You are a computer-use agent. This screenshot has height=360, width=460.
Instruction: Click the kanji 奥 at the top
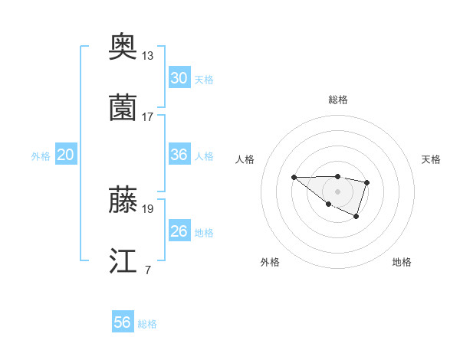[123, 48]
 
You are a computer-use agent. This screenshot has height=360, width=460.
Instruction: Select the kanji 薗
[123, 109]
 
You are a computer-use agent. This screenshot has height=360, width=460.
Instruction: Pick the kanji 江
[123, 260]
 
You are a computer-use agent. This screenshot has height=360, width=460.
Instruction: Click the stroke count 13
[148, 56]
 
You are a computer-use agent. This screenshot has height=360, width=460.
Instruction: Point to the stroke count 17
[148, 116]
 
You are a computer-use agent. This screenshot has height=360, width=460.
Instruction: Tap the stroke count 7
[147, 269]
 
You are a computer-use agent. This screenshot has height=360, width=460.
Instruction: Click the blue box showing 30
[179, 78]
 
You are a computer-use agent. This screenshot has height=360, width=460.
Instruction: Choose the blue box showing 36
[179, 155]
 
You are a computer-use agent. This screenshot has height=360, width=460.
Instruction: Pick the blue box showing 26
[179, 231]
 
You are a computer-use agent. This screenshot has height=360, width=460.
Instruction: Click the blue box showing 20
[66, 155]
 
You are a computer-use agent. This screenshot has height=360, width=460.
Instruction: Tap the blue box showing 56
[123, 322]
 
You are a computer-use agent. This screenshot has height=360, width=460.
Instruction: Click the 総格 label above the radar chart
[338, 100]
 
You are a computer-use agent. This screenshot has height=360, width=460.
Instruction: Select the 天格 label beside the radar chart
[431, 159]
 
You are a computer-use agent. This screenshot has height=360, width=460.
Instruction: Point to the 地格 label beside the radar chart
[402, 262]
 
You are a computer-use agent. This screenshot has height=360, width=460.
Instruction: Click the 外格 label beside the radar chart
[270, 262]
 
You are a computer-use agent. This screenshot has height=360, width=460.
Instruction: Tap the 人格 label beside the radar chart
[245, 159]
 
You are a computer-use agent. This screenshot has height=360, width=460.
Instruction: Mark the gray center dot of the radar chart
[338, 191]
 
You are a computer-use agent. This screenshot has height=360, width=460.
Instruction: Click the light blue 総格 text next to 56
[147, 324]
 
